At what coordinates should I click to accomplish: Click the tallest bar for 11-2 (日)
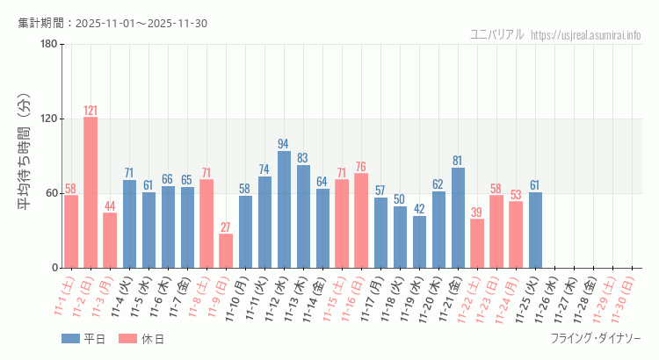[x=91, y=192]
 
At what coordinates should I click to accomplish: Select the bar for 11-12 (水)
[x=284, y=209]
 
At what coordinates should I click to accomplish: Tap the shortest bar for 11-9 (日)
[x=226, y=250]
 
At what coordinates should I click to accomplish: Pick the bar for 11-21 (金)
[x=458, y=217]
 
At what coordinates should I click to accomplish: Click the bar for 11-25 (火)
[x=535, y=229]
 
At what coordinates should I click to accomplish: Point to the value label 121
[x=91, y=111]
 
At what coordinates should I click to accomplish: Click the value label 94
[x=284, y=144]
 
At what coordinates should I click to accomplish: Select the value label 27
[x=226, y=227]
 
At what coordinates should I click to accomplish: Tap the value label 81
[x=458, y=161]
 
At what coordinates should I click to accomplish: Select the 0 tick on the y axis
[x=54, y=268]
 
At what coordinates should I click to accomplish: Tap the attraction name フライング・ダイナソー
[x=596, y=338]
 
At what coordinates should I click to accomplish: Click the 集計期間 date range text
[x=112, y=23]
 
